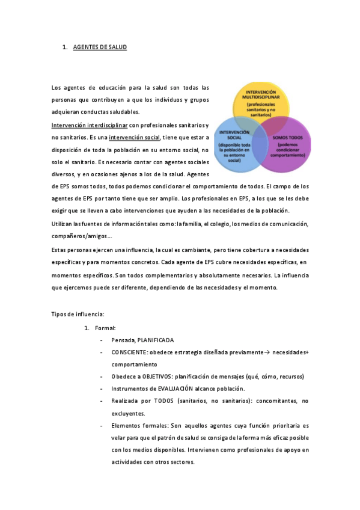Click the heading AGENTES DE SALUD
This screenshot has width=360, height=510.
point(100,47)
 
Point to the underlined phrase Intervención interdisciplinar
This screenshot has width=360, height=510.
point(90,126)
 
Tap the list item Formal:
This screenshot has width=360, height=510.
point(105,328)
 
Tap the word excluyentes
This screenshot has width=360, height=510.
point(128,413)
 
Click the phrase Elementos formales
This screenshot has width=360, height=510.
point(139,425)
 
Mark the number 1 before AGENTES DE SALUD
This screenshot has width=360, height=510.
point(64,47)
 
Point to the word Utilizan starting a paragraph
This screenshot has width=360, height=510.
point(63,223)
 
